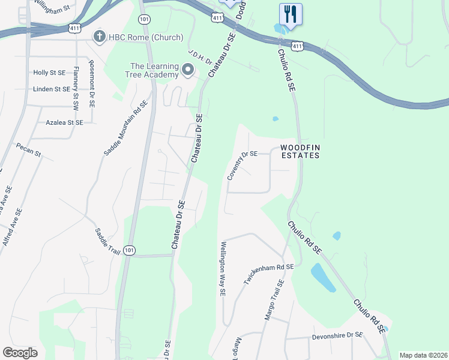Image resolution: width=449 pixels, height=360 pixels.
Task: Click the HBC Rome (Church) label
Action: pyautogui.click(x=145, y=38)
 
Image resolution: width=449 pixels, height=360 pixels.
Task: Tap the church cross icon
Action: pyautogui.click(x=99, y=37)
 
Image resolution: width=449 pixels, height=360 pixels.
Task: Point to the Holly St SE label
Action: pyautogui.click(x=50, y=73)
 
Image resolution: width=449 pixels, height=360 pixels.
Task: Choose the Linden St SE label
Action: pyautogui.click(x=52, y=89)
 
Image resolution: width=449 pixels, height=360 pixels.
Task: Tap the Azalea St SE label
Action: pyautogui.click(x=64, y=122)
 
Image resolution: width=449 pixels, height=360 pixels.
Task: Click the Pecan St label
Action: pyautogui.click(x=29, y=149)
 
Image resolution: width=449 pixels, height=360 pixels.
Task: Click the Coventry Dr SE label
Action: pyautogui.click(x=242, y=166)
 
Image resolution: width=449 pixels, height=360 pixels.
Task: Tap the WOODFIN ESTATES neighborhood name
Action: pyautogui.click(x=299, y=151)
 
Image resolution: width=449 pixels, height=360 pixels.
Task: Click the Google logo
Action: pyautogui.click(x=20, y=353)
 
